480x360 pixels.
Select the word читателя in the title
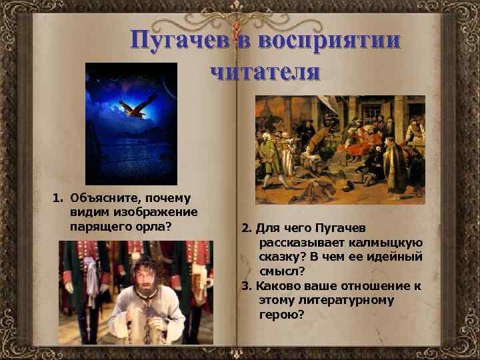265,70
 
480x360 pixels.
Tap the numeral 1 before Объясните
57,198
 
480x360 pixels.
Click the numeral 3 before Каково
245,286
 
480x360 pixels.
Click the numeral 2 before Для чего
245,229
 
